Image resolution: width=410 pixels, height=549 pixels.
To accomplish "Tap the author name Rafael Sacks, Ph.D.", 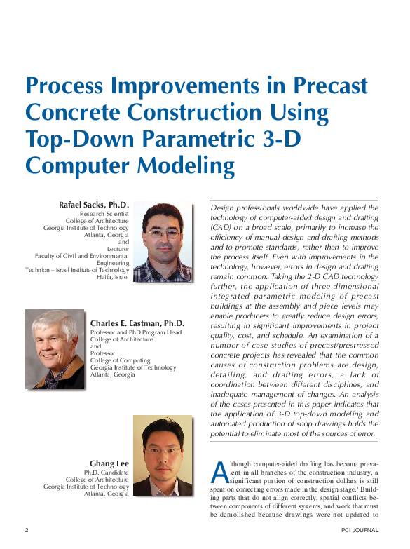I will (95, 205).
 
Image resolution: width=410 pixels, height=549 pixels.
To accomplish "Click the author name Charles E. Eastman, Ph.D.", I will (137, 323).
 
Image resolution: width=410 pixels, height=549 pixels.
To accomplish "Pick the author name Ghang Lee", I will (109, 463).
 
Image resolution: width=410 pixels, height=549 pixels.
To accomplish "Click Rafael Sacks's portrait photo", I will (163, 242).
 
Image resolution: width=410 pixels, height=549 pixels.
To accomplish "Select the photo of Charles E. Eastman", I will (55, 349).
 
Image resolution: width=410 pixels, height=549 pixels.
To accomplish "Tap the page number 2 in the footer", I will (27, 530).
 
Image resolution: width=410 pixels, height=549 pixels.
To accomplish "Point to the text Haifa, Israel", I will (113, 277).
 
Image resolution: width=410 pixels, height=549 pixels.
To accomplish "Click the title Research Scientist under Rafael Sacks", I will (104, 213).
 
